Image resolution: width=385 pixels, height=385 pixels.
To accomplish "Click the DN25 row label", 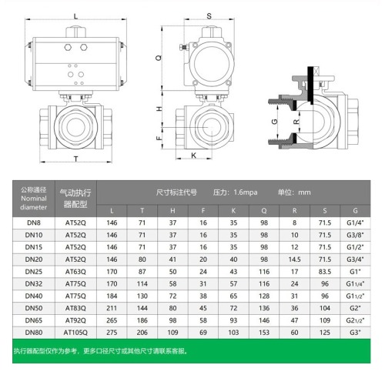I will [33, 272].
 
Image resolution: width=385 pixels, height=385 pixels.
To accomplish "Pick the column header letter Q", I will [264, 210].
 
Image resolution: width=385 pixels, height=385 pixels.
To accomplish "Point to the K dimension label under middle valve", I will [194, 155].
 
